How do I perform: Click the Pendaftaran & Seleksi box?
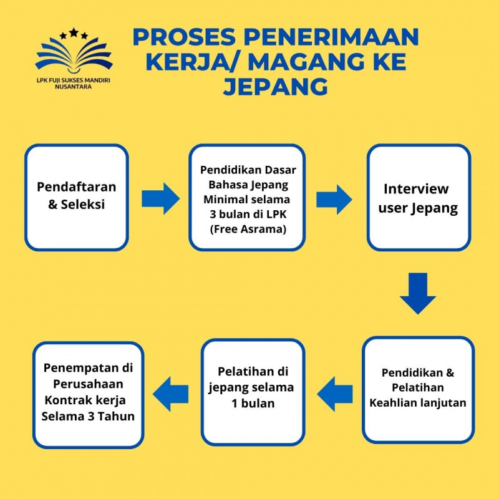[x=77, y=197]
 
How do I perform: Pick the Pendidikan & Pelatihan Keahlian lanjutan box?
[x=418, y=389]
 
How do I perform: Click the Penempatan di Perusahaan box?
[x=88, y=394]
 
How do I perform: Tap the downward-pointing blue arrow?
[x=418, y=293]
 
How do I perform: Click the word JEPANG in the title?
[x=275, y=87]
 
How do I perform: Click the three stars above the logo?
[x=74, y=33]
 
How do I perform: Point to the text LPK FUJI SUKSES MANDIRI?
[x=74, y=80]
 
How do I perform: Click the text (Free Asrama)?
[x=247, y=228]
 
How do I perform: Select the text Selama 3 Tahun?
[x=88, y=416]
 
